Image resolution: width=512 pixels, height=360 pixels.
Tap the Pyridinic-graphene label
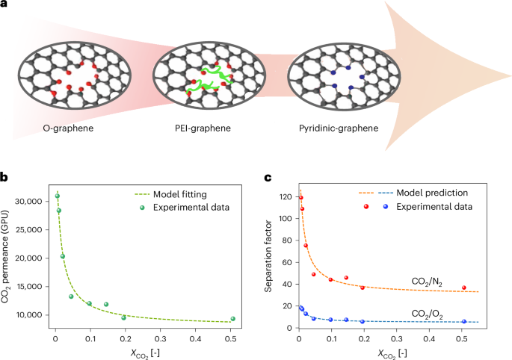tap(334, 128)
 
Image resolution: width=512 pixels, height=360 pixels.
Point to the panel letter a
tap(4, 6)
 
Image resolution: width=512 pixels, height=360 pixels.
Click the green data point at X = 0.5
tap(233, 319)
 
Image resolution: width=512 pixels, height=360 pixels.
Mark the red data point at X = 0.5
tap(463, 288)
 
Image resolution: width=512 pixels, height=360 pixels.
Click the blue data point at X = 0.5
tap(463, 322)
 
